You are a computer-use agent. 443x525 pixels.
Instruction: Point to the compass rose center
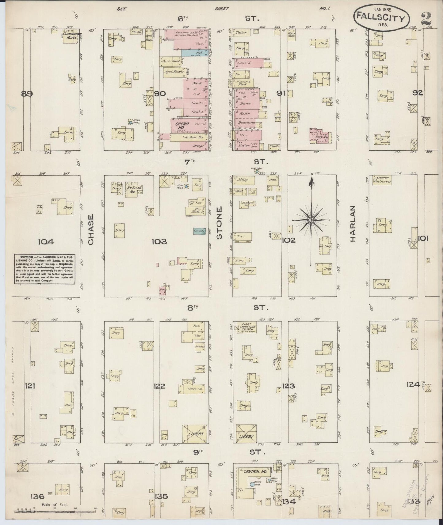(x=311, y=220)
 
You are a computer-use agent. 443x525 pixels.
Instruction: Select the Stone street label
(x=219, y=223)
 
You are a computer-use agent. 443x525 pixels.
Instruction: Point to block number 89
(x=27, y=94)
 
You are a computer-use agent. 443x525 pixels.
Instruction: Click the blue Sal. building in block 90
(x=195, y=53)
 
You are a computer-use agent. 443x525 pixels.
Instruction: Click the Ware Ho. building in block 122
(x=192, y=389)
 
